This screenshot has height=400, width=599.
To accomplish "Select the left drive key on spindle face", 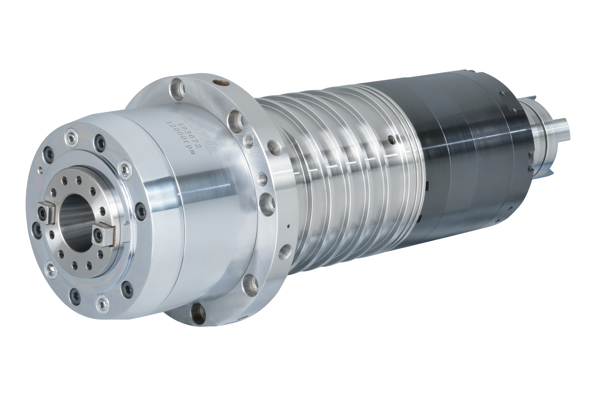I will [46, 212].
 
